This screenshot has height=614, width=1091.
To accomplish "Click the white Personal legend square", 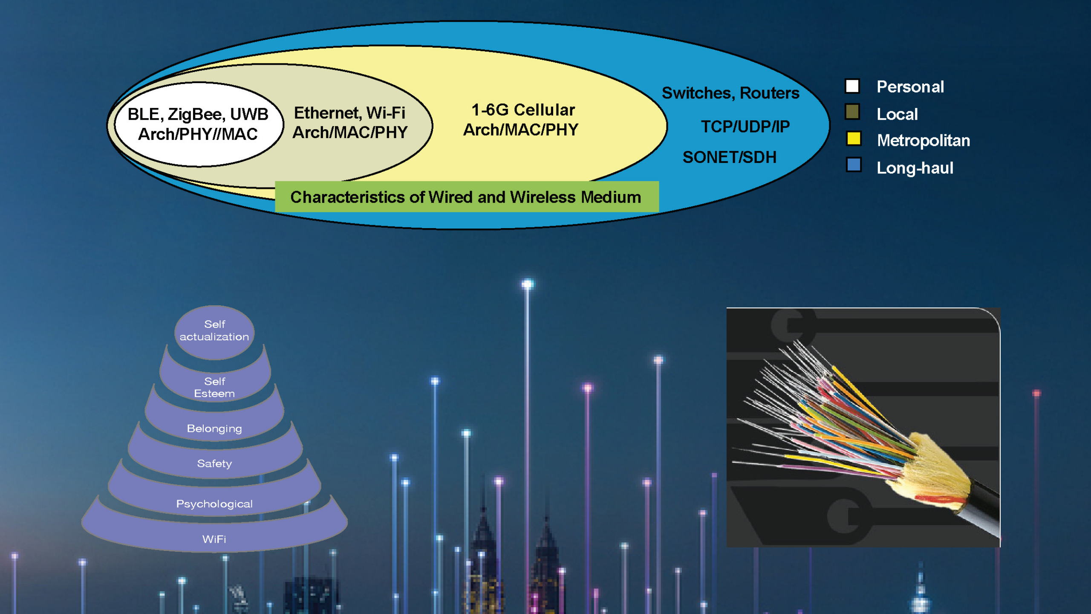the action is [852, 86].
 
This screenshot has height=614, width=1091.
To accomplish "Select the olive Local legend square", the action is [852, 112].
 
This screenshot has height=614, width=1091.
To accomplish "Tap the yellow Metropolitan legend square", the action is [854, 139].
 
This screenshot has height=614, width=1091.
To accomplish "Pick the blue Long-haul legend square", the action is [854, 165].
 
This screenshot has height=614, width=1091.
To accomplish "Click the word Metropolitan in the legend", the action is [924, 141].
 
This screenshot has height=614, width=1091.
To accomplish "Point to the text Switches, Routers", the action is [730, 93].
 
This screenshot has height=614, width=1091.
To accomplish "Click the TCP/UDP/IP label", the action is [745, 127].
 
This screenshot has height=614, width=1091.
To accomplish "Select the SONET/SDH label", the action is [730, 157].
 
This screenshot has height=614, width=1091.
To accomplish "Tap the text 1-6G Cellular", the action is [523, 110].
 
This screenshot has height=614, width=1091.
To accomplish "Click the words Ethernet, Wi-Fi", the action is [349, 113].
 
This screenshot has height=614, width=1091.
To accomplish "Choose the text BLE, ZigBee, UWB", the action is [198, 114].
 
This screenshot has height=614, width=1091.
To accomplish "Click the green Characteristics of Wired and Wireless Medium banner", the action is [467, 197].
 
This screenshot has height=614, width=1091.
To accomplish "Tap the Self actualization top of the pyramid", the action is [214, 332].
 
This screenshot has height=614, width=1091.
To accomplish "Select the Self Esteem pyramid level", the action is [214, 387].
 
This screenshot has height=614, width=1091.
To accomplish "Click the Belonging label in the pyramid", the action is [214, 429].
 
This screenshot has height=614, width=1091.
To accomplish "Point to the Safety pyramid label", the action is [214, 463].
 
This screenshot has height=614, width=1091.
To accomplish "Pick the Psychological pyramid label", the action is [214, 504].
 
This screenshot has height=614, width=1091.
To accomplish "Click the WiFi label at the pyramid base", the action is [214, 539].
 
